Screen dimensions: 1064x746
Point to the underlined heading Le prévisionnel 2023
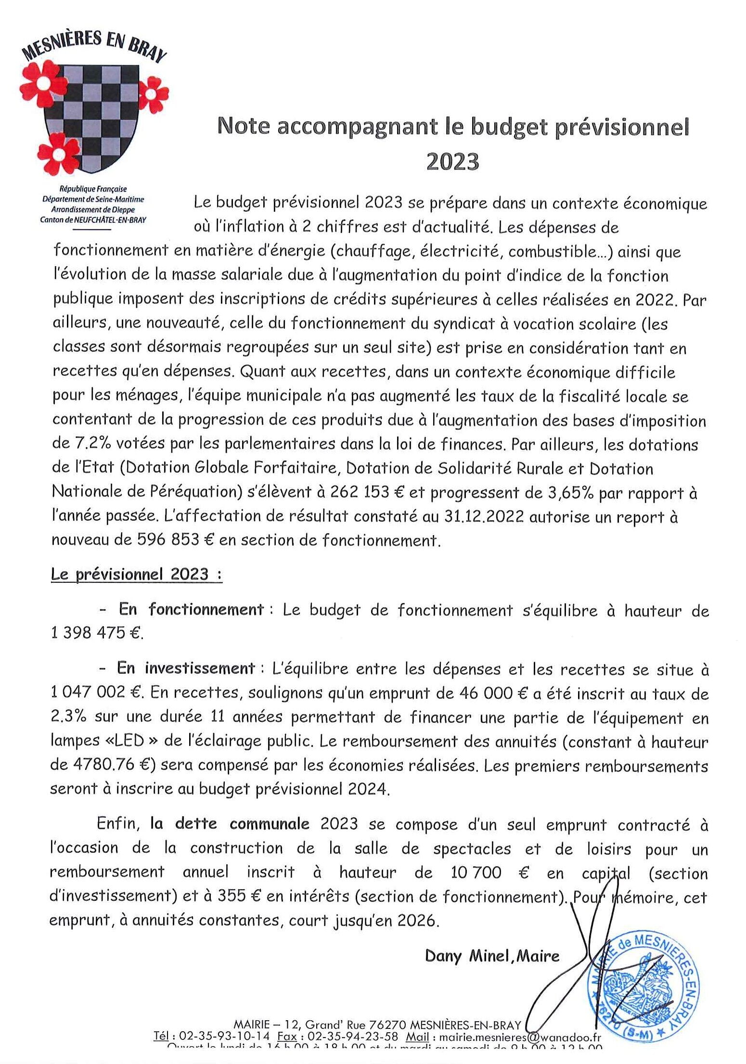coord(136,574)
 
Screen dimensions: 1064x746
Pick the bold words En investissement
coord(186,668)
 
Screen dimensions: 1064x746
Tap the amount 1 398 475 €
coord(96,633)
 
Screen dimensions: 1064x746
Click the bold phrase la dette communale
coord(230,824)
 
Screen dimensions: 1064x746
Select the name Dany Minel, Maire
coord(492,955)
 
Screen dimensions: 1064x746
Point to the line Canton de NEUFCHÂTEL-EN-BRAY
coord(94,219)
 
